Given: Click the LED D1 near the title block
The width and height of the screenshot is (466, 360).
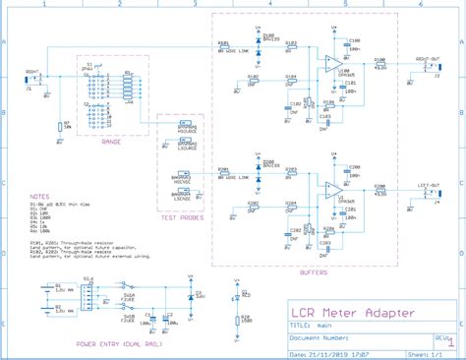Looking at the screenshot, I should (x=238, y=295).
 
